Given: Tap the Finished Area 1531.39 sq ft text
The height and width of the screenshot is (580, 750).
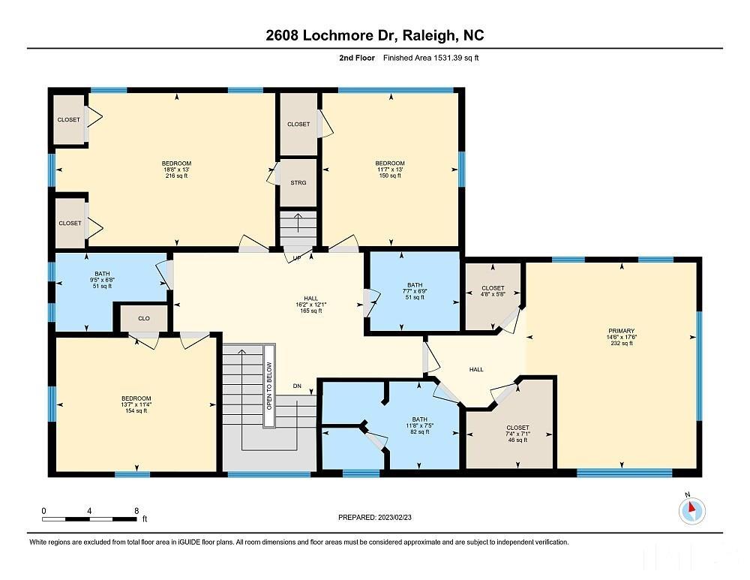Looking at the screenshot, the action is [431, 58].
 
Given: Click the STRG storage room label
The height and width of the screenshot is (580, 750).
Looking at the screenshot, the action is [298, 182].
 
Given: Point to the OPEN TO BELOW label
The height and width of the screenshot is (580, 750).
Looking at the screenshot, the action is [269, 385].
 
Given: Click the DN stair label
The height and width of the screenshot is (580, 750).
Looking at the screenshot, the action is [297, 386].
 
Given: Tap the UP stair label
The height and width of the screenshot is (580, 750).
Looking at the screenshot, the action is [296, 258].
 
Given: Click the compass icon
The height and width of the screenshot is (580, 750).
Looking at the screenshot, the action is [691, 510].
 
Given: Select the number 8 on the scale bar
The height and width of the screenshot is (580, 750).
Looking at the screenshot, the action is [136, 511].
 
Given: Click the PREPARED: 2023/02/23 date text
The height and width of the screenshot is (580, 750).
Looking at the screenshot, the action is [374, 517].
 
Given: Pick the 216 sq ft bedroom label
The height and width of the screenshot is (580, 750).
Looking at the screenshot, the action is [176, 170].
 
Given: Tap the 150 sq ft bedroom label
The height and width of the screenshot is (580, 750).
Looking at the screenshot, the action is [390, 170].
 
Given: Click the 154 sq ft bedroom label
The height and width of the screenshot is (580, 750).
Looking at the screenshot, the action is [136, 404].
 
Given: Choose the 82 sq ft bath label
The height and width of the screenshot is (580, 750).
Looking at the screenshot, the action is [419, 425].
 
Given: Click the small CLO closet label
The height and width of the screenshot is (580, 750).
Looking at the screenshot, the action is [144, 318].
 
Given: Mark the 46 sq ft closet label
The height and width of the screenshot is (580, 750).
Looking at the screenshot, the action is [517, 434].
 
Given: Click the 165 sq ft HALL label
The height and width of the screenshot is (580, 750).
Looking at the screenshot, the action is [310, 305].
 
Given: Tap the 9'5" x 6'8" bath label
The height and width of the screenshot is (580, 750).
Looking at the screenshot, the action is [102, 280].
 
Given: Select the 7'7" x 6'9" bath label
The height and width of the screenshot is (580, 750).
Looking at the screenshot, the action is [415, 291].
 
